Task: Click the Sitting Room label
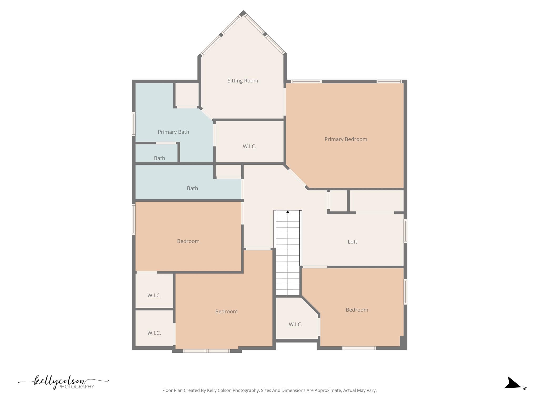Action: pyautogui.click(x=243, y=81)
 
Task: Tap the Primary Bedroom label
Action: pyautogui.click(x=346, y=139)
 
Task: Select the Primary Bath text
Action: pyautogui.click(x=173, y=132)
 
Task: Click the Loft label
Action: pyautogui.click(x=352, y=242)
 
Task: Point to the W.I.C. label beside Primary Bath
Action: pyautogui.click(x=249, y=147)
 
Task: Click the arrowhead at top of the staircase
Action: pyautogui.click(x=288, y=212)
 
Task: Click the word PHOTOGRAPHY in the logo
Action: pyautogui.click(x=76, y=387)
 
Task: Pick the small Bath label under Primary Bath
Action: pyautogui.click(x=159, y=158)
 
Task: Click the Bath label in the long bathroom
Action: pyautogui.click(x=192, y=188)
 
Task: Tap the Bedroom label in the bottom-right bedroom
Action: pyautogui.click(x=357, y=310)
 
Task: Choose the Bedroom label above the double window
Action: pyautogui.click(x=226, y=311)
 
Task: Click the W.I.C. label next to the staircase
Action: pyautogui.click(x=295, y=325)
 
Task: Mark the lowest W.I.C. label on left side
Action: pyautogui.click(x=154, y=333)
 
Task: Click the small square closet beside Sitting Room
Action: pyautogui.click(x=187, y=95)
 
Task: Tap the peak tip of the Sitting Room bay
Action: pyautogui.click(x=243, y=12)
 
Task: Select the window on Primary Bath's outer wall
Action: pyautogui.click(x=133, y=124)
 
